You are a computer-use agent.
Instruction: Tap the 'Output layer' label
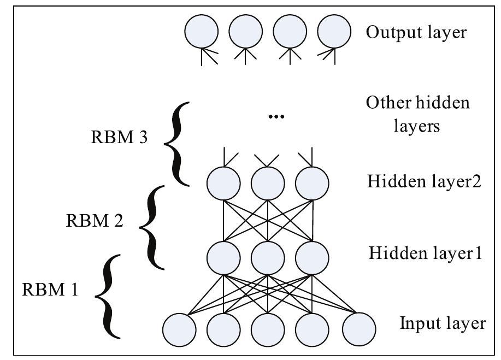tap(416, 32)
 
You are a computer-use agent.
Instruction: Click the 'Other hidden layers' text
tap(418, 114)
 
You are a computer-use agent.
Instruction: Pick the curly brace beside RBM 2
tap(152, 226)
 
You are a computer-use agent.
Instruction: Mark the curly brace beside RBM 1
tap(109, 296)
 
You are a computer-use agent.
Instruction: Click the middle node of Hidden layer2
tap(268, 184)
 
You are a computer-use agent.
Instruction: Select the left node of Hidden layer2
tap(223, 184)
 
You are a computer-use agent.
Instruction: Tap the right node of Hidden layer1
tap(312, 256)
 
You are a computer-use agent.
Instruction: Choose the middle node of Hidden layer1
tap(268, 256)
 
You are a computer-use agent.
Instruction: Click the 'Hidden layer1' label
tap(425, 253)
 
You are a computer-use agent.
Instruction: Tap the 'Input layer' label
tap(443, 323)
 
